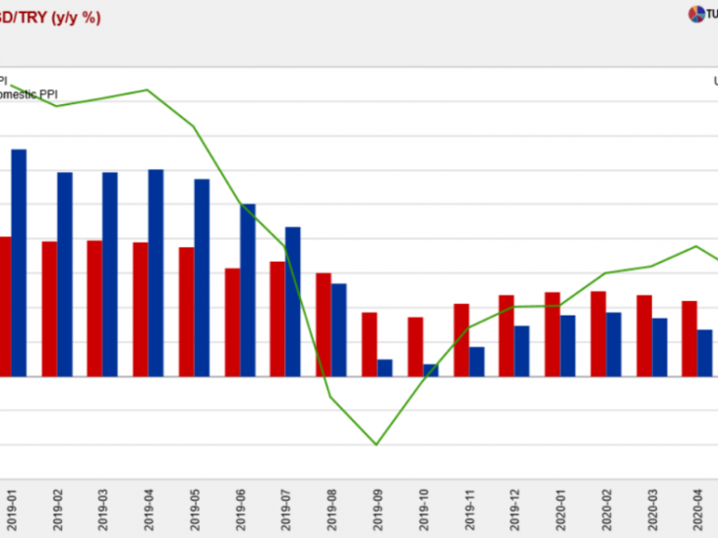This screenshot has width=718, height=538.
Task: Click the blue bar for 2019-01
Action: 19,263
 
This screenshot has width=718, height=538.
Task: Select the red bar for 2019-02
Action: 49,309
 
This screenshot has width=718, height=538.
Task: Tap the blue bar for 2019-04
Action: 156,272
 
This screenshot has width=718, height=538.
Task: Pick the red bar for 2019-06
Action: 232,323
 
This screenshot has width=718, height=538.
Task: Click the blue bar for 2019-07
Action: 293,301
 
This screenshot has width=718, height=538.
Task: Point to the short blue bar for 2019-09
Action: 385,368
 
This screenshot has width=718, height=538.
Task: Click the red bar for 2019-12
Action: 507,335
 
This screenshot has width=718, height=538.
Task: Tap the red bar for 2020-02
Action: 598,333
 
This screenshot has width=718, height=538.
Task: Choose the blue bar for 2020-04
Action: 704,352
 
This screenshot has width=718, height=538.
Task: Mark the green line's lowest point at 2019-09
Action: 376,445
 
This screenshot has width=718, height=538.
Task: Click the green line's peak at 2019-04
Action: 148,90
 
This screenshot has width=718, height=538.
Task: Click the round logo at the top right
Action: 695,14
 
